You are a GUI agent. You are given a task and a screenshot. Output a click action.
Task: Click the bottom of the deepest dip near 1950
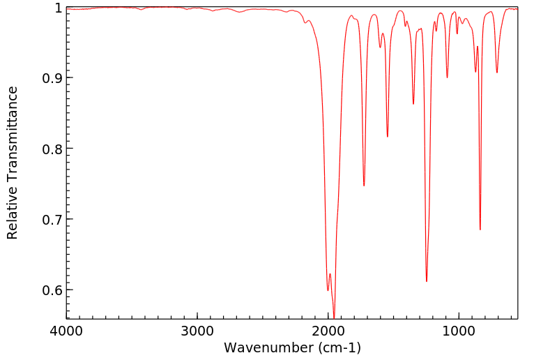point(334,317)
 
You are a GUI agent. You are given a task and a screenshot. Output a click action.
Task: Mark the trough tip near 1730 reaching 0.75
point(364,186)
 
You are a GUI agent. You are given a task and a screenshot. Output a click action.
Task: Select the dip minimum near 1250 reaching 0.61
point(427,281)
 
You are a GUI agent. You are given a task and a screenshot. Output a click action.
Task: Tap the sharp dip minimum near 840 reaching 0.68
point(480,230)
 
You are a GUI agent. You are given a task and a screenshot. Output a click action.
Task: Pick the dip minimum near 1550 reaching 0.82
point(388,137)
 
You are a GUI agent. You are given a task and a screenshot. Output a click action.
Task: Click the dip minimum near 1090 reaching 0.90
point(447,77)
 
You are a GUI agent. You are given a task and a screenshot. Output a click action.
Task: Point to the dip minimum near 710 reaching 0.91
point(497,73)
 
